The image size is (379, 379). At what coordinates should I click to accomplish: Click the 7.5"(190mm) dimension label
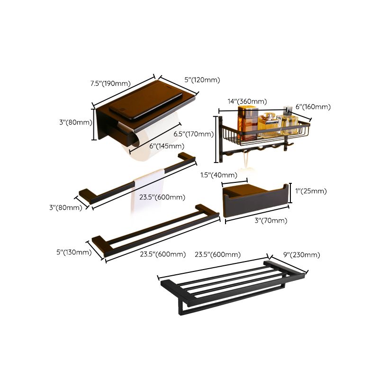(x=110, y=84)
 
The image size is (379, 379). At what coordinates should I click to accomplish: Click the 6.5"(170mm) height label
(x=194, y=134)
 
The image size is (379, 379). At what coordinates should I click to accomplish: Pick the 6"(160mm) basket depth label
(x=313, y=107)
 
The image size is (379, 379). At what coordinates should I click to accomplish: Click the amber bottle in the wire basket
(x=247, y=121)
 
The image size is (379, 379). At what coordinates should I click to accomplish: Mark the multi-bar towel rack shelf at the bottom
(x=232, y=287)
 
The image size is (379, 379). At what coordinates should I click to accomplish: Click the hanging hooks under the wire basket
(x=265, y=149)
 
